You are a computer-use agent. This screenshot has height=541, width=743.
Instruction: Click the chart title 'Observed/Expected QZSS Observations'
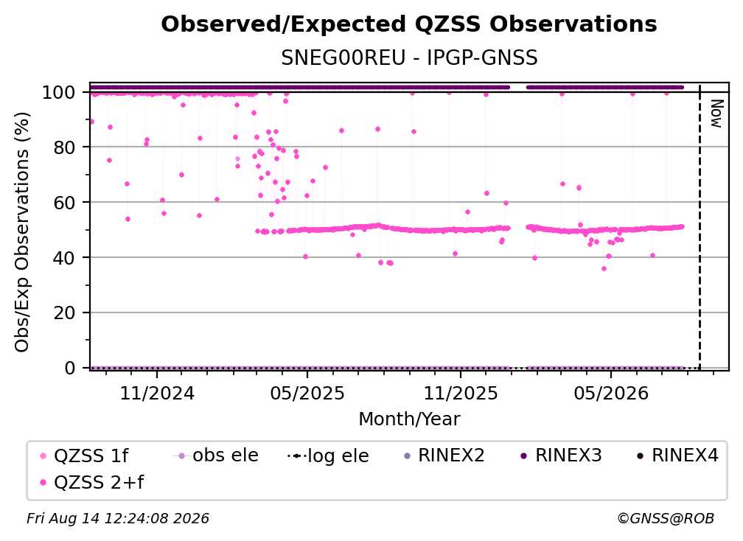pos(409,24)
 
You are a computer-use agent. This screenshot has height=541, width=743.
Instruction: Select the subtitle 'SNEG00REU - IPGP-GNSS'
pos(409,58)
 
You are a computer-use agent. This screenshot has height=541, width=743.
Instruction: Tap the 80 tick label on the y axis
pos(64,147)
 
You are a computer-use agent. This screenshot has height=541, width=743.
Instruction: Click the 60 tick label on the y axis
pos(64,203)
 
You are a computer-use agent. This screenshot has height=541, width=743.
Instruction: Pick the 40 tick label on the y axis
pos(64,258)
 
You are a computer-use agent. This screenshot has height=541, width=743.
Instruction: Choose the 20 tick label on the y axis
pos(64,313)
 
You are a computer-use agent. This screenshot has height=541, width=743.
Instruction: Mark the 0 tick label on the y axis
pos(70,368)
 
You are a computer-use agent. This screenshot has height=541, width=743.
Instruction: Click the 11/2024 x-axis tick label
pos(157,394)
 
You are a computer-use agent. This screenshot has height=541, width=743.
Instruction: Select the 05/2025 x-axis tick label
pos(307,394)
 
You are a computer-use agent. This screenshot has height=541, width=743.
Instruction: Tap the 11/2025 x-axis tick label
pos(461,394)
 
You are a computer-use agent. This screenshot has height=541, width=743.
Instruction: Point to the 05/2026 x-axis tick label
pos(611,394)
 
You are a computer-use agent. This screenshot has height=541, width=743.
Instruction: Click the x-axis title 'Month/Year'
pos(409,419)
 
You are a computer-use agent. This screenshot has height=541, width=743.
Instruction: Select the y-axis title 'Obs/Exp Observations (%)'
pos(22,231)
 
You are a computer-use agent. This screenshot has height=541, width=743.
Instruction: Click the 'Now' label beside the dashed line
pos(716,114)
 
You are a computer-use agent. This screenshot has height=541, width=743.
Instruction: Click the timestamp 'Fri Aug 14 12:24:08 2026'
pos(117,518)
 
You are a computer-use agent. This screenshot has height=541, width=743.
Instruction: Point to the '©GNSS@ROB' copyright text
pos(666,519)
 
